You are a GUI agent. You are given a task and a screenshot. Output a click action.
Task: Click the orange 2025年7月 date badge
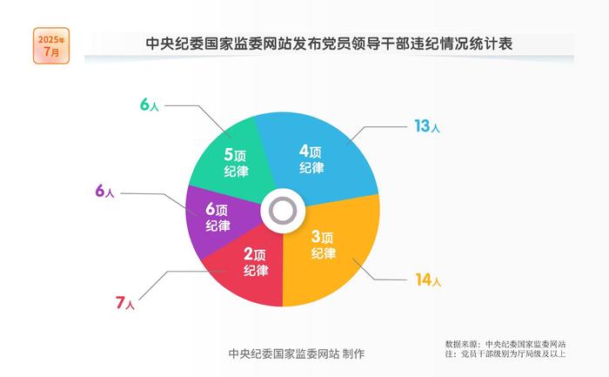click(51, 45)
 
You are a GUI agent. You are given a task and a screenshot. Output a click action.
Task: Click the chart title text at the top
click(329, 44)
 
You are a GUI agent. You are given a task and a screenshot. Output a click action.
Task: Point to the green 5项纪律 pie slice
click(233, 159)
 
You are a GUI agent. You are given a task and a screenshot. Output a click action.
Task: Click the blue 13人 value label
click(427, 126)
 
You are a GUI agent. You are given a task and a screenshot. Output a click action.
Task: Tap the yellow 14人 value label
click(428, 279)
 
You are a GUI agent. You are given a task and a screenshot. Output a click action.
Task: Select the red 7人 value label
click(125, 302)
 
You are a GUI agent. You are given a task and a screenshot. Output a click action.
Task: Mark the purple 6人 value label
click(104, 191)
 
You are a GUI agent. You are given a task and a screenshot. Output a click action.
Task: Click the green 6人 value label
click(150, 104)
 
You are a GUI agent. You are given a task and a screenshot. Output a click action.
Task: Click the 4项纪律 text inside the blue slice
click(311, 159)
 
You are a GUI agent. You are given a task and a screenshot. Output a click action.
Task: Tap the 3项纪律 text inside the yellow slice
click(324, 245)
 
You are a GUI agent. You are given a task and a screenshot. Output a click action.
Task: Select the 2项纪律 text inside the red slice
click(256, 262)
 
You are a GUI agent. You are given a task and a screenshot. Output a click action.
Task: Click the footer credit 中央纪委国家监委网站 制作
click(297, 353)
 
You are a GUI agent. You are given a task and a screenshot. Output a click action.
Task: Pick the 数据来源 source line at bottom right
click(505, 344)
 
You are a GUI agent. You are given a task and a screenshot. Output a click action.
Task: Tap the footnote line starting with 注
click(505, 353)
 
